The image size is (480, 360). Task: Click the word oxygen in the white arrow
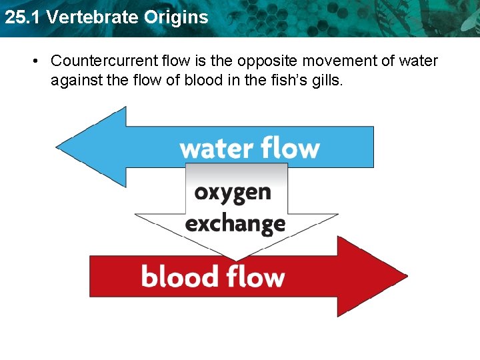[233, 193]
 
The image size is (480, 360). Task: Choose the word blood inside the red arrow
[179, 276]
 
